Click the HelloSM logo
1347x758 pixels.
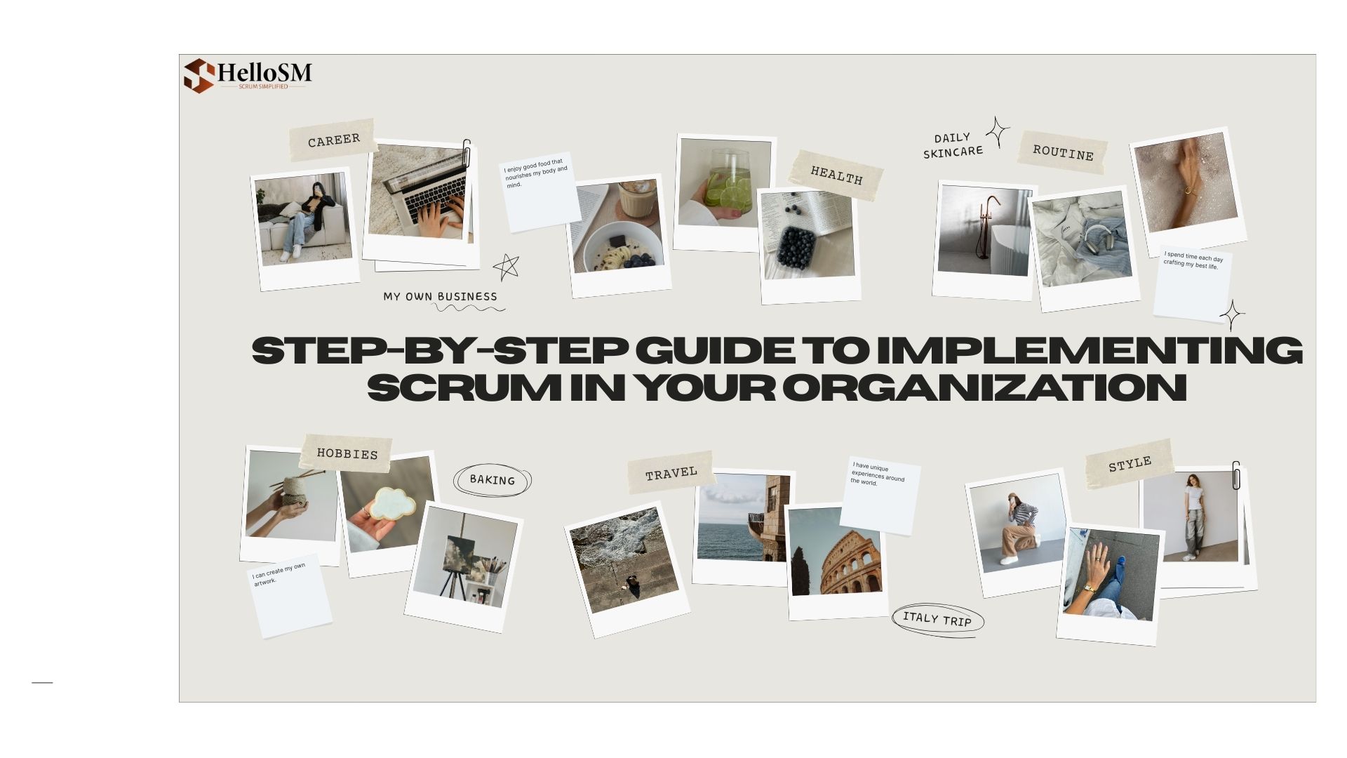248,75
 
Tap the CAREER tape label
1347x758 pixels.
333,140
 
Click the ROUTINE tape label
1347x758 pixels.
1062,152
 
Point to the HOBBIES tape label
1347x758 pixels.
347,453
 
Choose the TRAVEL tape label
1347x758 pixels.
671,473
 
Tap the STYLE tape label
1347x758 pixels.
1129,463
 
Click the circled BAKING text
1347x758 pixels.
492,480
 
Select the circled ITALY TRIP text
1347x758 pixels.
937,620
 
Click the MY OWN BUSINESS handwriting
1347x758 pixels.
440,296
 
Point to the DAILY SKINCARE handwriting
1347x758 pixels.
952,145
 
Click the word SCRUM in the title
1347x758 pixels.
464,387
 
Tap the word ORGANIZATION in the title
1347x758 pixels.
984,387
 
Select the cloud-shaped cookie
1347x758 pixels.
392,503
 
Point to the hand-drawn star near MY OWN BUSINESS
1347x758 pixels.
506,267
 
